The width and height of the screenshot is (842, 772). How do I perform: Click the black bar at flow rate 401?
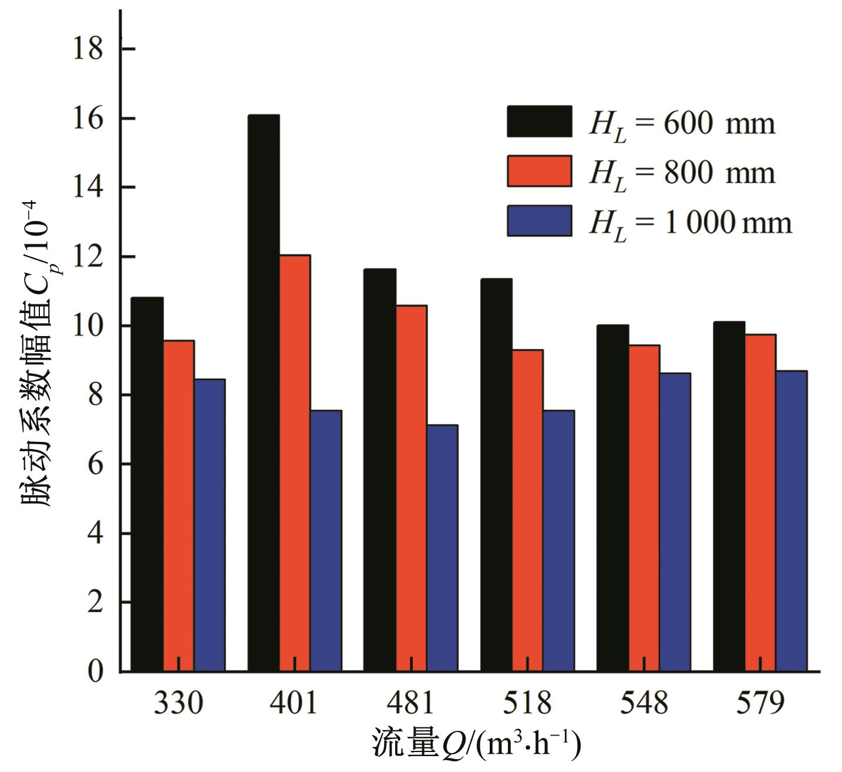[264, 393]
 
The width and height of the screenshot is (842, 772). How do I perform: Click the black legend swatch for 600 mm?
[539, 122]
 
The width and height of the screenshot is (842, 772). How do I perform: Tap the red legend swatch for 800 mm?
[539, 171]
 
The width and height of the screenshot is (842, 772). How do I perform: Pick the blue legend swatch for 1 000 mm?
[539, 221]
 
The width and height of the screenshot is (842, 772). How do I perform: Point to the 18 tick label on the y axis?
[87, 49]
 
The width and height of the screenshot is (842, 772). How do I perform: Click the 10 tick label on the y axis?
[87, 326]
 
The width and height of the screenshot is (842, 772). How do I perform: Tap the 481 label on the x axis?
[410, 703]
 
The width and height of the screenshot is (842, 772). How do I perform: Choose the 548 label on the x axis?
[644, 703]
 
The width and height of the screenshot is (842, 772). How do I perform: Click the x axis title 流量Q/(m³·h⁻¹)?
[476, 744]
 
